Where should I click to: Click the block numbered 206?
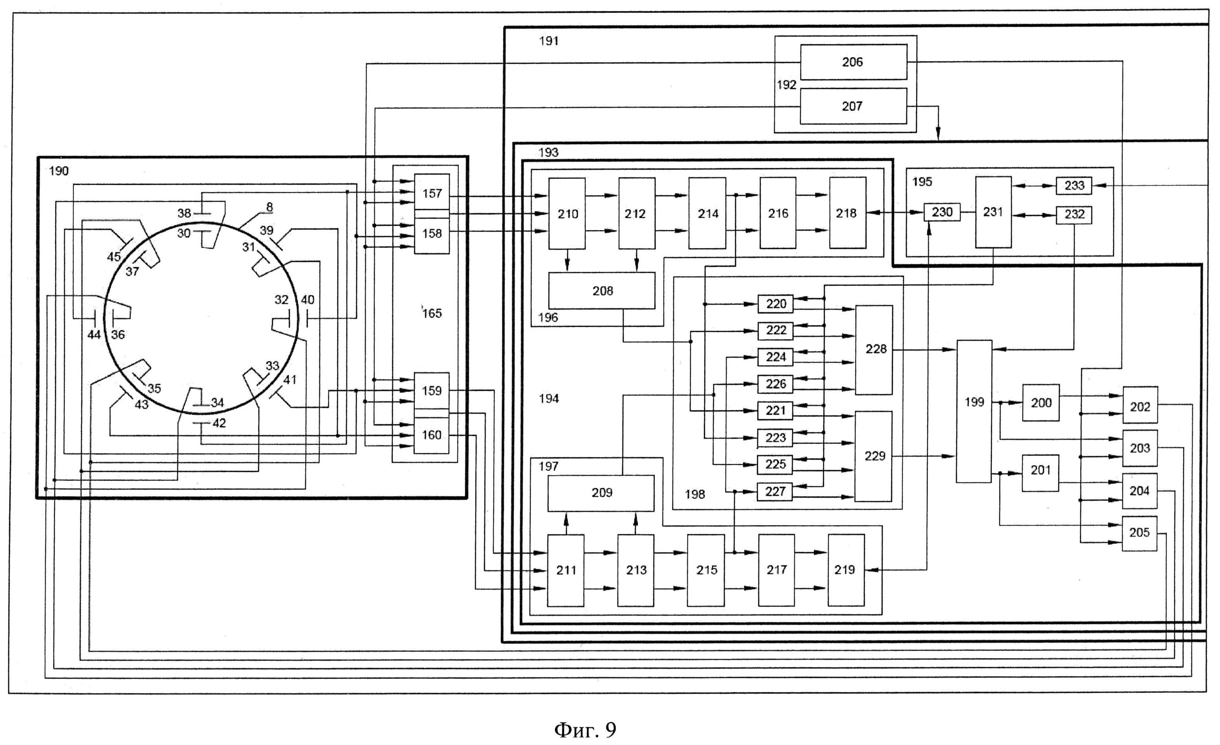pyautogui.click(x=853, y=62)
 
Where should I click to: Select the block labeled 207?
pyautogui.click(x=853, y=106)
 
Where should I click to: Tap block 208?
pyautogui.click(x=602, y=291)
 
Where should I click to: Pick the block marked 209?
pyautogui.click(x=601, y=493)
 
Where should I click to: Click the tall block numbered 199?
pyautogui.click(x=974, y=411)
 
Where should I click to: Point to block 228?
pyautogui.click(x=874, y=350)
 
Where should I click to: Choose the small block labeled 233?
pyautogui.click(x=1074, y=186)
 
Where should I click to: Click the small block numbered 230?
pyautogui.click(x=942, y=212)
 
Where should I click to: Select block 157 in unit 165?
pyautogui.click(x=432, y=192)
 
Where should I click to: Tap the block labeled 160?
pyautogui.click(x=431, y=435)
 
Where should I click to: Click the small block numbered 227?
pyautogui.click(x=775, y=491)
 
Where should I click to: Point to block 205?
pyautogui.click(x=1139, y=533)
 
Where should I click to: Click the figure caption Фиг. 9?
pyautogui.click(x=585, y=730)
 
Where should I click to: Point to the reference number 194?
pyautogui.click(x=549, y=399)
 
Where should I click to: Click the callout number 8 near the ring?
pyautogui.click(x=269, y=207)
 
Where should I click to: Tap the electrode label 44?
pyautogui.click(x=94, y=335)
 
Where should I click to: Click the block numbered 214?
pyautogui.click(x=707, y=213)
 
